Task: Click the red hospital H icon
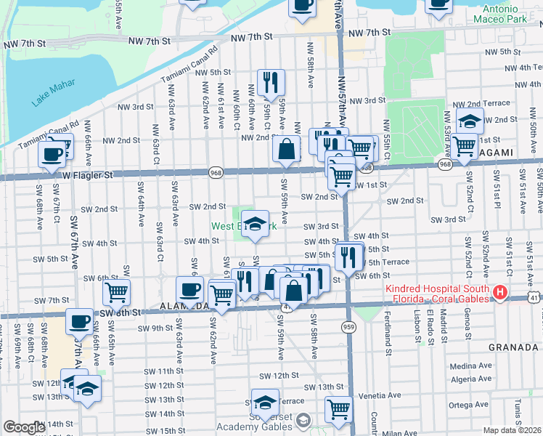499,293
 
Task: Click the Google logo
24,427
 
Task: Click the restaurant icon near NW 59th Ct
271,82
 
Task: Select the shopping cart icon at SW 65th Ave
116,292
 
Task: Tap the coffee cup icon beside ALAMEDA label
190,289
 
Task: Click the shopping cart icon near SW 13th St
338,408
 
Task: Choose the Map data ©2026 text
510,430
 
